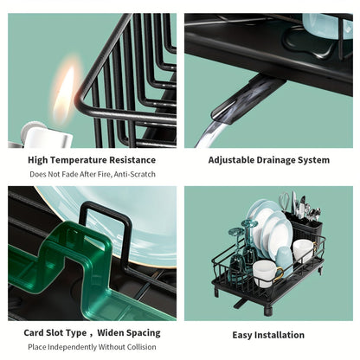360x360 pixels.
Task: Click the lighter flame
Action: [x=64, y=93]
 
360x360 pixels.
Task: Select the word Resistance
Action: [x=132, y=160]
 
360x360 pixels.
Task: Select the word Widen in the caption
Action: [x=111, y=332]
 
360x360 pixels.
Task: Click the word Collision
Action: [x=140, y=347]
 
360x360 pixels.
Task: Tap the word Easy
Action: [x=242, y=336]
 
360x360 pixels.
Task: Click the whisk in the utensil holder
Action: [x=285, y=202]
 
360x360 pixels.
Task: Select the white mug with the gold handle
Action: [x=267, y=273]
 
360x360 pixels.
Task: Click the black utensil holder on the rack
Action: [x=303, y=227]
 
